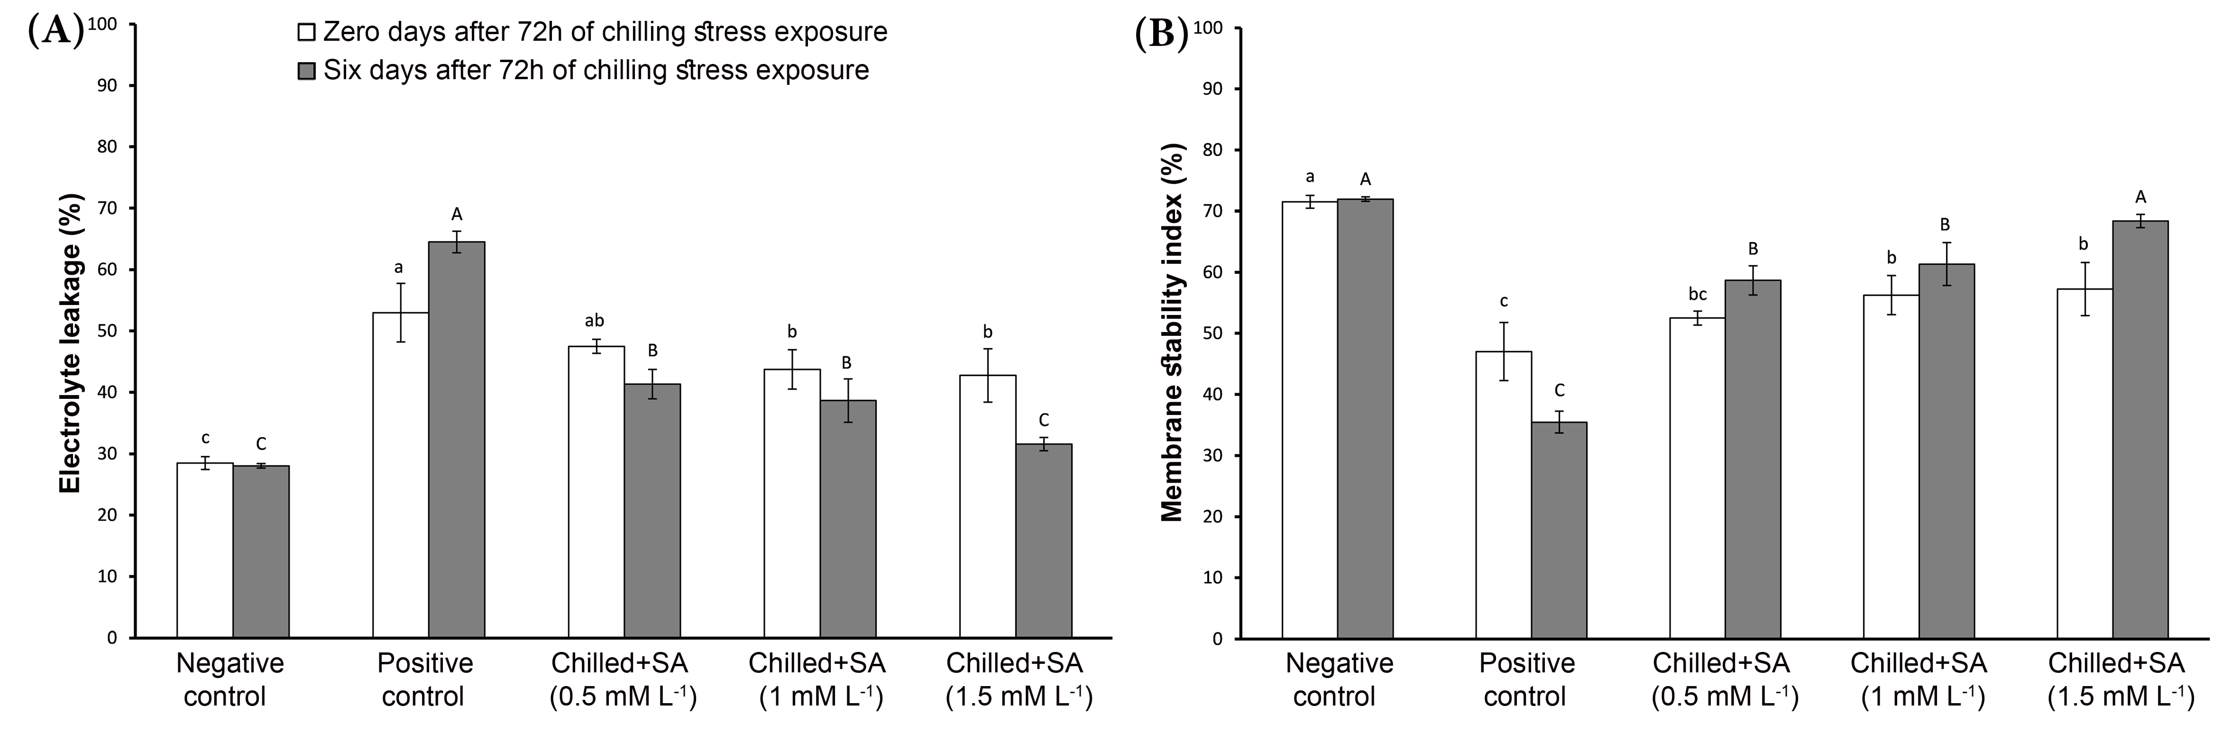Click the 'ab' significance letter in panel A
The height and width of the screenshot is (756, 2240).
point(595,320)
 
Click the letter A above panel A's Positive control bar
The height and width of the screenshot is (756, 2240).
point(457,214)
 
